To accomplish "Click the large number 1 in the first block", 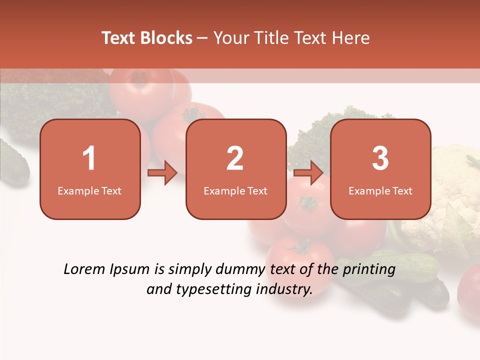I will click(89, 158).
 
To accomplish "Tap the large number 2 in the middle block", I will click(235, 158).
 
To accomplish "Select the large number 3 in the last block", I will click(380, 158).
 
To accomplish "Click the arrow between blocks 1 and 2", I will click(162, 173).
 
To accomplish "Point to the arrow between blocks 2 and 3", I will click(308, 173).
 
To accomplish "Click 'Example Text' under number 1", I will click(89, 190).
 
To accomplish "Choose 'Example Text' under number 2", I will click(235, 190).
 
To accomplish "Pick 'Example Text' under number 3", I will click(380, 190).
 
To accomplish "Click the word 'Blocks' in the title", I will click(166, 38).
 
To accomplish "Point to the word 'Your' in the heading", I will click(229, 38).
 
